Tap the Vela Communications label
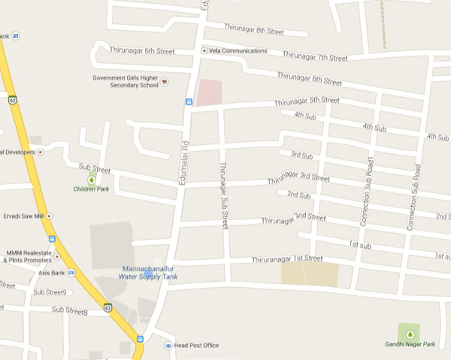point(238,50)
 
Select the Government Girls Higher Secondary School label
point(126,81)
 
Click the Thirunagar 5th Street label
point(307,101)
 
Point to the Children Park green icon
point(92,179)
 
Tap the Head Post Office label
point(197,346)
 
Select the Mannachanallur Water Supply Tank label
point(151,272)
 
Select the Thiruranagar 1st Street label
point(287,259)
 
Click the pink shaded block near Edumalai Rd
point(210,92)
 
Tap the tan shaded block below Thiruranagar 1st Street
point(310,274)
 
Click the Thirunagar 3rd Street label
point(298,180)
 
